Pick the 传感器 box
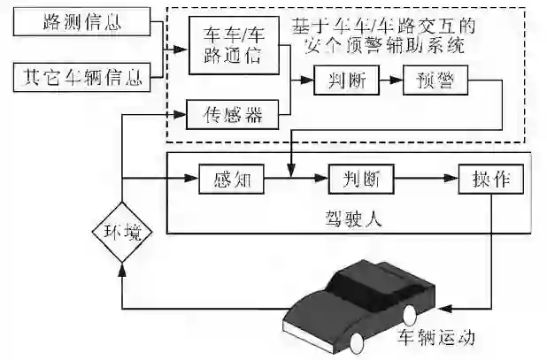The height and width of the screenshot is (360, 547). [235, 112]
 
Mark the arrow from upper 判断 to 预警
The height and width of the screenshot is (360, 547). [390, 83]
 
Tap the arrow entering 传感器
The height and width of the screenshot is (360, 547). [177, 112]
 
